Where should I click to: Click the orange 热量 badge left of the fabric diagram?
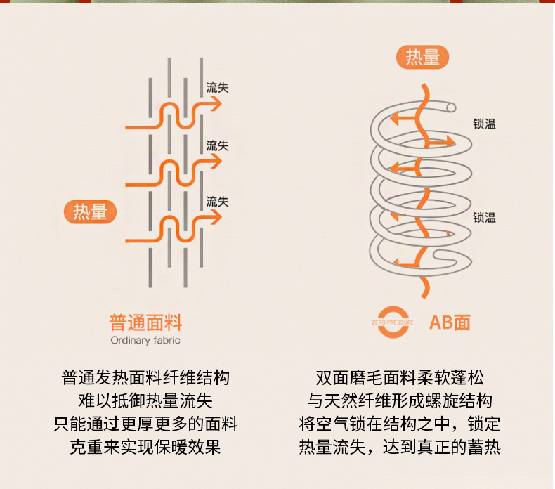pyautogui.click(x=90, y=211)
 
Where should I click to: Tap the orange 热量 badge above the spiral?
pyautogui.click(x=422, y=57)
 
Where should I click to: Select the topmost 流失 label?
pyautogui.click(x=217, y=87)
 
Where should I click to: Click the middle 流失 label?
pyautogui.click(x=217, y=145)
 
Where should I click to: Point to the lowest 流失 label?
pyautogui.click(x=217, y=202)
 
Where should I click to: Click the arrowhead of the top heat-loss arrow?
pyautogui.click(x=216, y=104)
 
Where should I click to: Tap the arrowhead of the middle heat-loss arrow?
pyautogui.click(x=216, y=162)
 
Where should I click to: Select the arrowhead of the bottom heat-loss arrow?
pyautogui.click(x=216, y=217)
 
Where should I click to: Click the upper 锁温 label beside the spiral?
pyautogui.click(x=484, y=124)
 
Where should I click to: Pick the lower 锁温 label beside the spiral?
pyautogui.click(x=484, y=217)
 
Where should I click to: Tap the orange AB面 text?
pyautogui.click(x=450, y=322)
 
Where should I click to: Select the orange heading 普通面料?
pyautogui.click(x=145, y=322)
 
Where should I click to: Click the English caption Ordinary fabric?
pyautogui.click(x=145, y=340)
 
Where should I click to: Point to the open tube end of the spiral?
pyautogui.click(x=451, y=107)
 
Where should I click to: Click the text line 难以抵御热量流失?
pyautogui.click(x=145, y=401)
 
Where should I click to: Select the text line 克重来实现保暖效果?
pyautogui.click(x=145, y=447)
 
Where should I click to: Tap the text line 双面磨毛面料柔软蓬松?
pyautogui.click(x=400, y=378)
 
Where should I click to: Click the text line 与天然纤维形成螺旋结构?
pyautogui.click(x=400, y=401)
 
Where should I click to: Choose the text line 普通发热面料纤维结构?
pyautogui.click(x=145, y=378)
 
